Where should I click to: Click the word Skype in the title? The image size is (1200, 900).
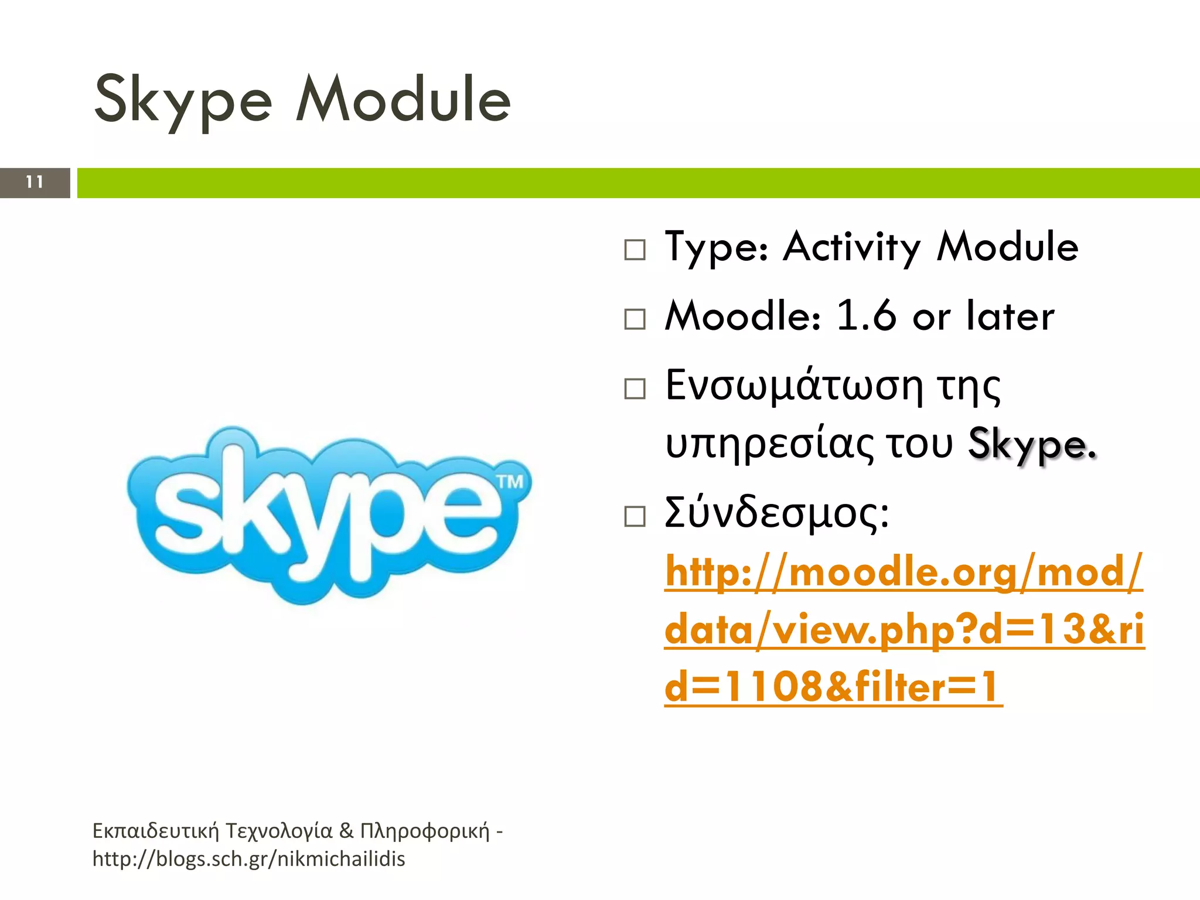[183, 101]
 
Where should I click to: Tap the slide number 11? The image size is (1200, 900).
[35, 182]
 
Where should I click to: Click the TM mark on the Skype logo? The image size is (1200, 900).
[510, 482]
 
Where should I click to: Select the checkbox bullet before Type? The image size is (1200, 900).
[635, 250]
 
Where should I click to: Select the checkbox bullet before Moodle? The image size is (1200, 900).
[635, 319]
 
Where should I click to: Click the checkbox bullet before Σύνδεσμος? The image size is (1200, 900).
[635, 517]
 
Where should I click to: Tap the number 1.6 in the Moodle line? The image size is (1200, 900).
[865, 316]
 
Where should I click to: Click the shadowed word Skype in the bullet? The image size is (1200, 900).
[1031, 445]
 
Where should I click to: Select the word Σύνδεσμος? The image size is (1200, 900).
[776, 513]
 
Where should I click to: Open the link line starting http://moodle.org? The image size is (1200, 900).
[903, 572]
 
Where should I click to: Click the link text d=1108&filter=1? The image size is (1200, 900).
[832, 687]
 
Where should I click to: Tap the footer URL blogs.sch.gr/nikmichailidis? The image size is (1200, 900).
[248, 859]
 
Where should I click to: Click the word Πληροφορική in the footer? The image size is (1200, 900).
[424, 831]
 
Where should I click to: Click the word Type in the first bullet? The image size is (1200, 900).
[716, 247]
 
